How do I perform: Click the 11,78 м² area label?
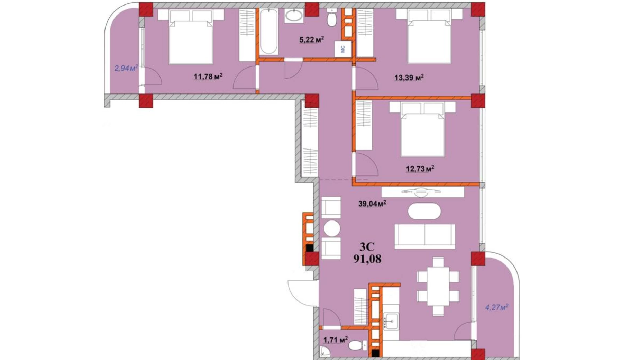point(208,76)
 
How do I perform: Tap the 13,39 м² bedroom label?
point(409,77)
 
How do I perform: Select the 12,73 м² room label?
point(420,169)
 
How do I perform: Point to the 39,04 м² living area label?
point(372,204)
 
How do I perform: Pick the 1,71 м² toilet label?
point(335,340)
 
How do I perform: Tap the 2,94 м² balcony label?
point(126,68)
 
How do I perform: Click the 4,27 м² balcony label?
point(496,307)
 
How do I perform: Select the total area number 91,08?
point(367,259)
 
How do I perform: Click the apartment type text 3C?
point(367,246)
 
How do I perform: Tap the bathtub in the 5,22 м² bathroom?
point(268,31)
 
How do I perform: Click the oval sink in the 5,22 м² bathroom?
point(294,16)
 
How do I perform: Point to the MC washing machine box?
point(343,49)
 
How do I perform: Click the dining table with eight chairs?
point(438,286)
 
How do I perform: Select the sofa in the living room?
point(424,236)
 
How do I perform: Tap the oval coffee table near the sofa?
point(424,211)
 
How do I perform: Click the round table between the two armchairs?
point(331,228)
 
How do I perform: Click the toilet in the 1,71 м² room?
point(357,345)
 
